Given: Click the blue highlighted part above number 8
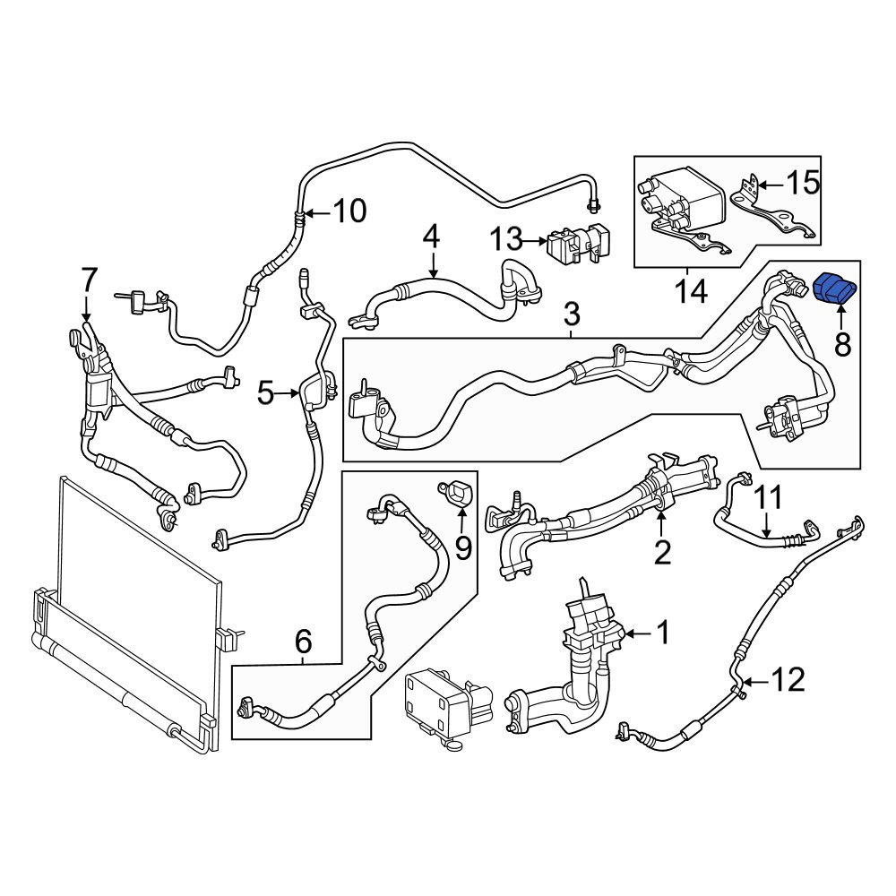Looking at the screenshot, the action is [834, 290].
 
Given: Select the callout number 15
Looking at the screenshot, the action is [803, 184].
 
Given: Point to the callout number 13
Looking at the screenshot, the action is [507, 239].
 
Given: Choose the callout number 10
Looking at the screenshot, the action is [349, 211].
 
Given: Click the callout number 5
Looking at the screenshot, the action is [266, 393].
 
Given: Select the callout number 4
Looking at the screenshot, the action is [432, 237].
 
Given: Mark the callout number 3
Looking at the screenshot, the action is [572, 314].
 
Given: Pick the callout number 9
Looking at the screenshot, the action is [463, 548].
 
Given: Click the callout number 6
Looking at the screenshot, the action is [303, 642].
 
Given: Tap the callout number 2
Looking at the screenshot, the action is [662, 551].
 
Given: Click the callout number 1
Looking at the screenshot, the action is [663, 633].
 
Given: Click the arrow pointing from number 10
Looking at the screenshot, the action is [316, 213].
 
